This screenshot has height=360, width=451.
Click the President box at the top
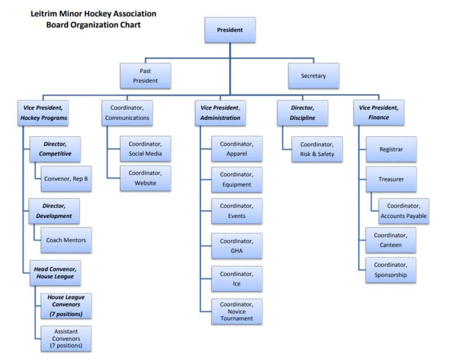pos(230,30)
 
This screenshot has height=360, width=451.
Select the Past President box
pos(145,76)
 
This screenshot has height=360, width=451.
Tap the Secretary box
pos(313,76)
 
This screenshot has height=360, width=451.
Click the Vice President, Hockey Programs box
pos(43,113)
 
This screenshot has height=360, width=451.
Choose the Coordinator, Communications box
pos(127,113)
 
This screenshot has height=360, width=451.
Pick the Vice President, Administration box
pos(220,113)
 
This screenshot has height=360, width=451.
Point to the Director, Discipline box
pos(302,113)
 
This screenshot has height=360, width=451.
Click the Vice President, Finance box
pos(379,113)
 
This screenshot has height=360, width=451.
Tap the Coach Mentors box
pos(66,240)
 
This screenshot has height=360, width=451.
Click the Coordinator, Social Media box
pos(145,149)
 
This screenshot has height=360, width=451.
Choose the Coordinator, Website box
pos(145,178)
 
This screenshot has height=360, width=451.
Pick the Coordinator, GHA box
pos(237,246)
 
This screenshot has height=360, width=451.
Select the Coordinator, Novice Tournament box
pos(237,311)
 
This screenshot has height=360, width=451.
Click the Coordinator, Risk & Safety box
pos(317,149)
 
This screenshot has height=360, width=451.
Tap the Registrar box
pos(391,149)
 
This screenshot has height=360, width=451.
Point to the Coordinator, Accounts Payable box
pos(403,211)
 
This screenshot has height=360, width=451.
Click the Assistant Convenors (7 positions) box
pos(66,338)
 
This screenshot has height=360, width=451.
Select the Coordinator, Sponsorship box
pos(391,270)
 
